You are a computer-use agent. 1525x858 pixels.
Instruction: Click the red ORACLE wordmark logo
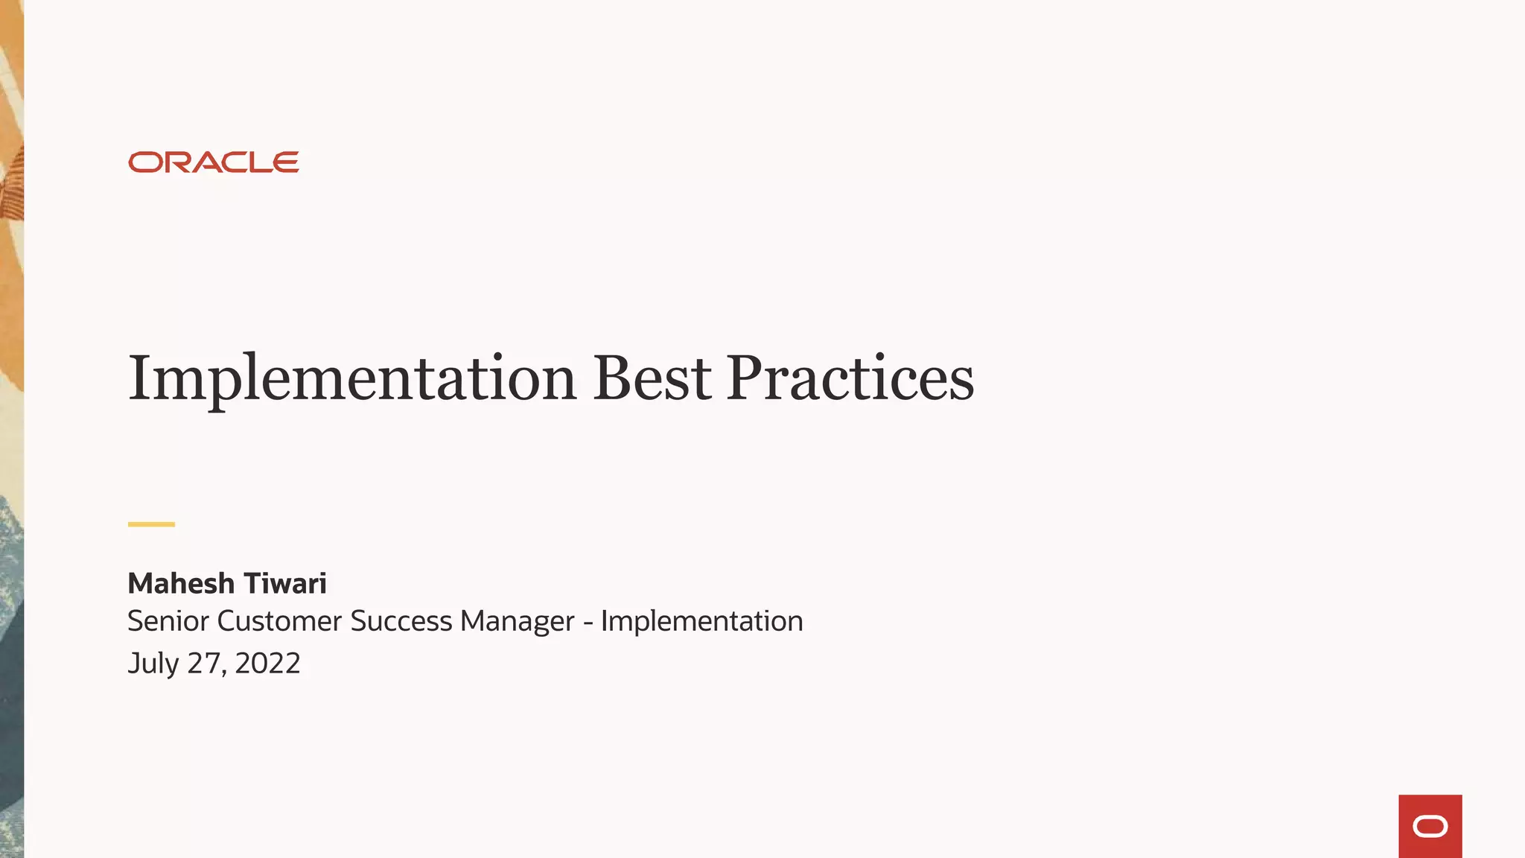[x=214, y=162]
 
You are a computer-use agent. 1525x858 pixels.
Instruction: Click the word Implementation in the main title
[x=352, y=379]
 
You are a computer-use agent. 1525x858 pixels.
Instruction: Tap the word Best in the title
[x=652, y=378]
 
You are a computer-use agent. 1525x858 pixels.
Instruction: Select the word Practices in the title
[x=850, y=378]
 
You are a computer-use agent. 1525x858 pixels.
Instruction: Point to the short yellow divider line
[x=151, y=524]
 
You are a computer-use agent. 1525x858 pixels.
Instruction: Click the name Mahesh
[x=181, y=583]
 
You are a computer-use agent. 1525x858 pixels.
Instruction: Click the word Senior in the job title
[x=168, y=621]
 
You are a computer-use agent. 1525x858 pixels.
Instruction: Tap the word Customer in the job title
[x=279, y=621]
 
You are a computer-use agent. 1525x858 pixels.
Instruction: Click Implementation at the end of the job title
[x=701, y=621]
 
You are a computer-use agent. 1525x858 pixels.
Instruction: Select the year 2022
[x=267, y=663]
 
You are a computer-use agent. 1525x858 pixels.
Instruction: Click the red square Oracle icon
[x=1430, y=826]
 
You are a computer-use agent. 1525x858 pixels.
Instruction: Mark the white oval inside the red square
[x=1430, y=827]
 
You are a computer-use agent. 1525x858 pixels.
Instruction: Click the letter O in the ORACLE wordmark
[x=144, y=162]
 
